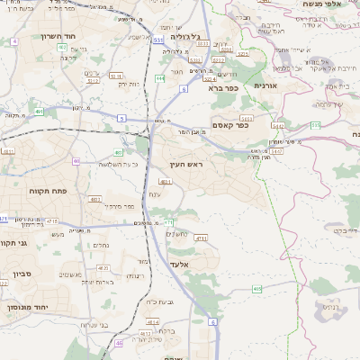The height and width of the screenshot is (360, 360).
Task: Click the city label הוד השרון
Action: (x=37, y=36)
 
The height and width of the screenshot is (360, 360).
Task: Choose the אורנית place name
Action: (x=266, y=85)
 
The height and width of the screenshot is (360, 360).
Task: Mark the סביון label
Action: (x=22, y=273)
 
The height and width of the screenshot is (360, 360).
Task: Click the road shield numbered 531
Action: (x=158, y=40)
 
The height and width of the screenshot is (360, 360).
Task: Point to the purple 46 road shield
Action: (x=119, y=343)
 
